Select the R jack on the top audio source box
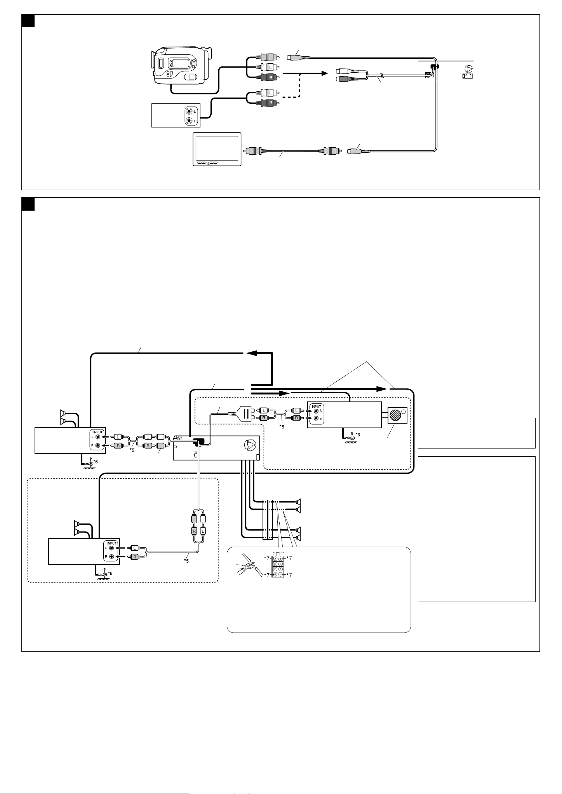[189, 121]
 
